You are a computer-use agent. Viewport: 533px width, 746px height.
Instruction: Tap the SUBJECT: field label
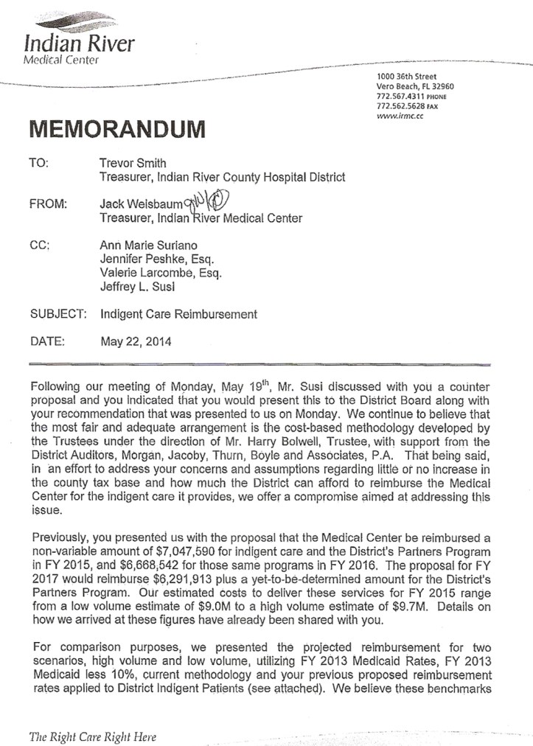pos(58,314)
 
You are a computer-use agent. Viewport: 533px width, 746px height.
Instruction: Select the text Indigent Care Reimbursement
pos(178,314)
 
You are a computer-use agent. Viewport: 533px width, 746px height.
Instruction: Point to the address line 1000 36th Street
pos(405,77)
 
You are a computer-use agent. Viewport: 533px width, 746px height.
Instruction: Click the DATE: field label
pos(48,341)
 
